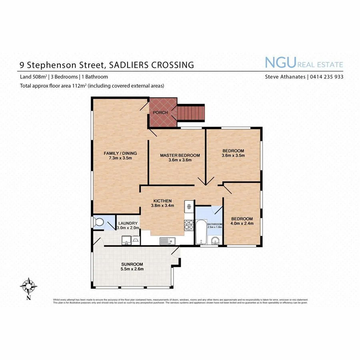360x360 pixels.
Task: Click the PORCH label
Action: point(160,113)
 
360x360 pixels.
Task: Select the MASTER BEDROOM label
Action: point(180,155)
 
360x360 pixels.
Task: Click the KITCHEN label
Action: point(162,201)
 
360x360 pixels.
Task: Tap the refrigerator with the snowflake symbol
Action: point(188,207)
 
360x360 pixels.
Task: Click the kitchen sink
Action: point(166,240)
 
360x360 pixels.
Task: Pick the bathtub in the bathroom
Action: point(200,232)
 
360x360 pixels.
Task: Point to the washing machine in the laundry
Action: point(136,240)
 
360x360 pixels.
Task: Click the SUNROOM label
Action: point(132,264)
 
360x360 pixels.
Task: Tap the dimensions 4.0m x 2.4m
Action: point(242,224)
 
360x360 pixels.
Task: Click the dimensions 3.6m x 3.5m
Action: point(233,156)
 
